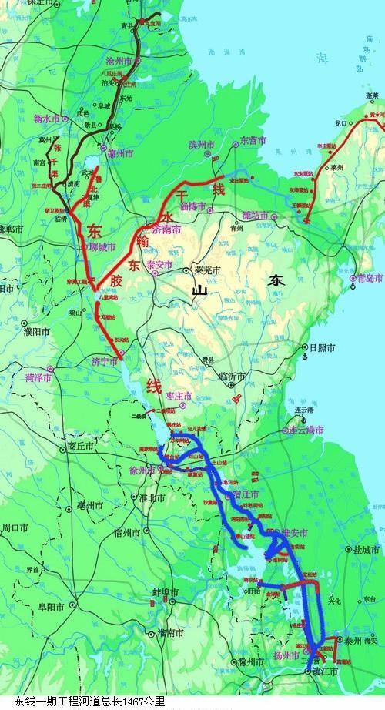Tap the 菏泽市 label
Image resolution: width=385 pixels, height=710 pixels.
[x=37, y=378]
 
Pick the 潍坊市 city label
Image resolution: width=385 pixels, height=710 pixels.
[x=254, y=215]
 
